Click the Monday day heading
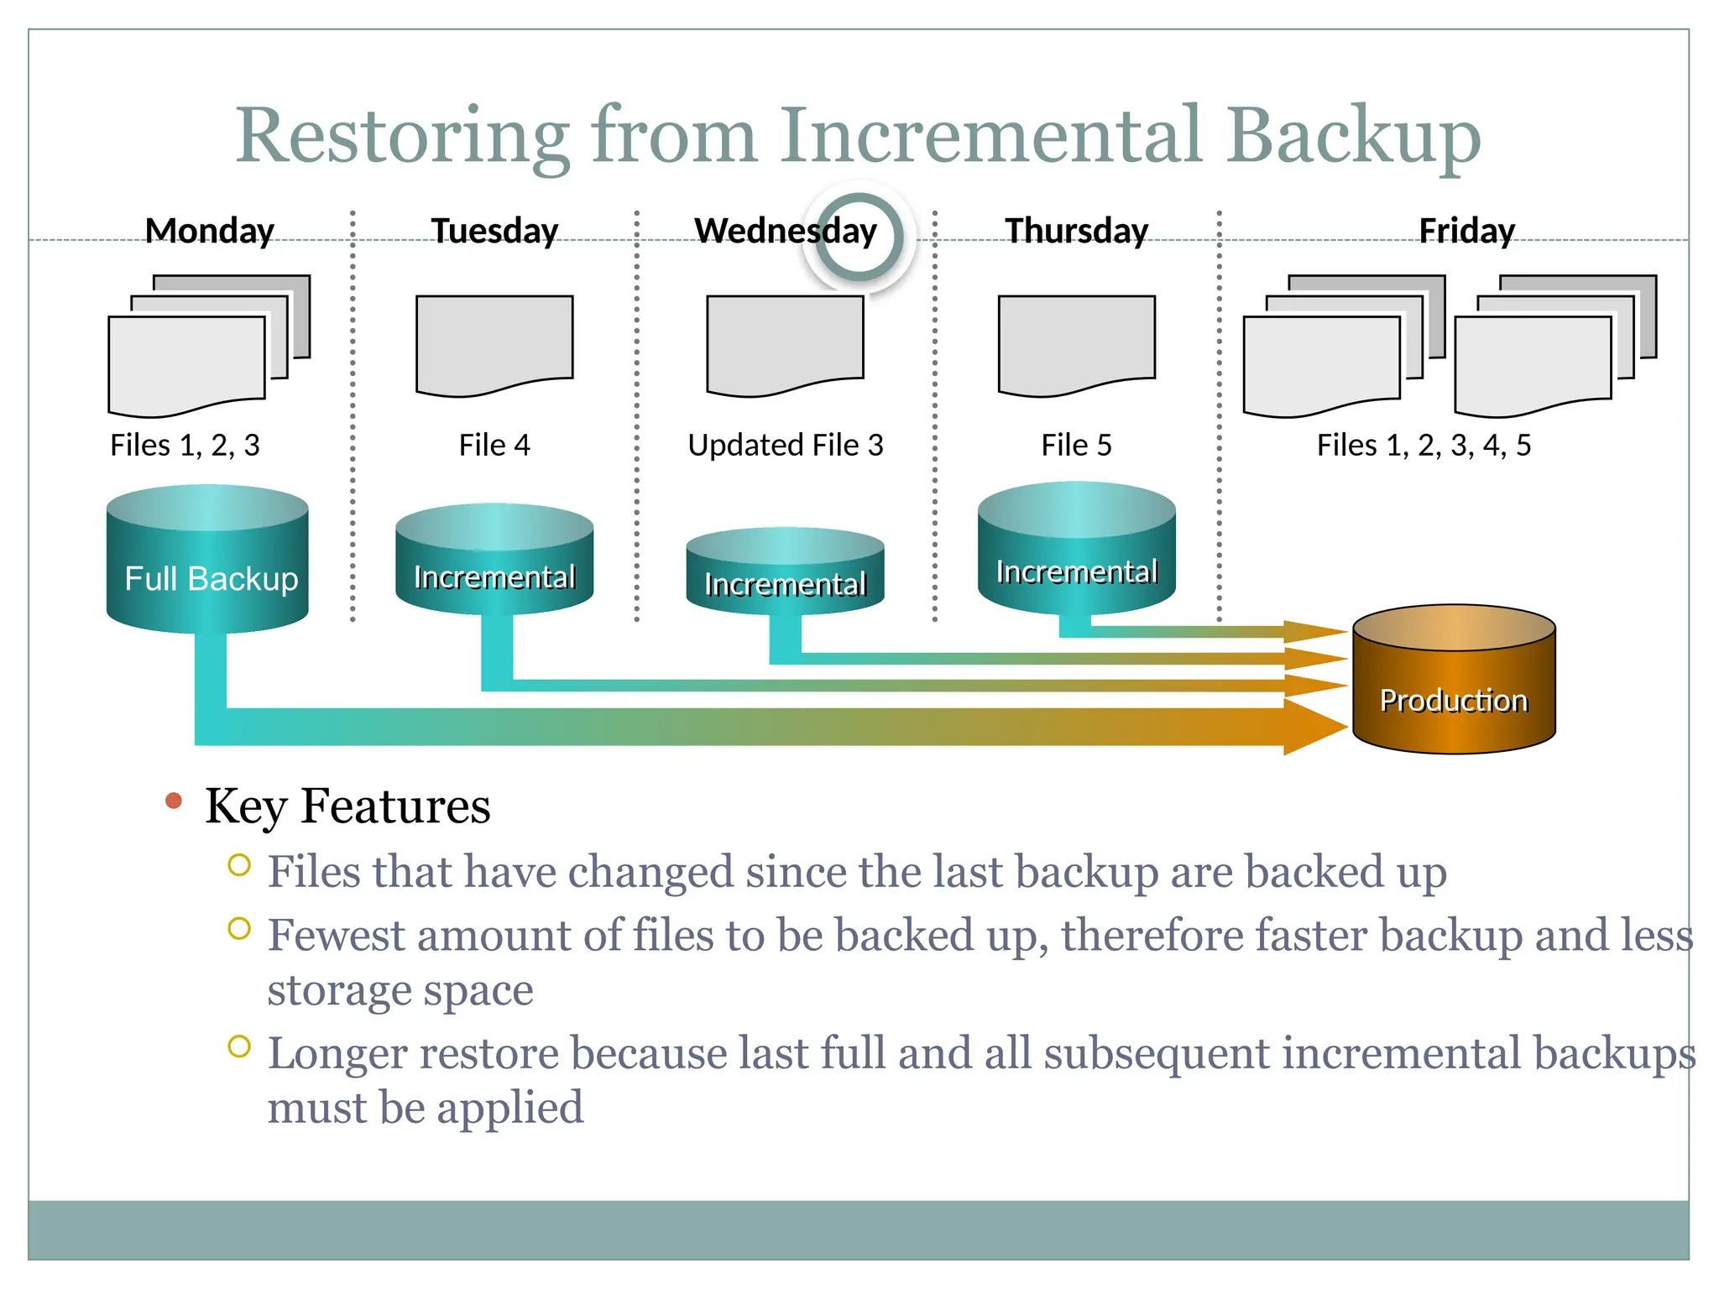point(209,231)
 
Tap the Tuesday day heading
point(494,231)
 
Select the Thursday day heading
point(1076,231)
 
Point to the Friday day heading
point(1466,231)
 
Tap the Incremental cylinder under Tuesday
point(494,566)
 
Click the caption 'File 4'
point(494,445)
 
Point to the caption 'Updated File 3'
point(785,445)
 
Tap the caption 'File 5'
point(1076,445)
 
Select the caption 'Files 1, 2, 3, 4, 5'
point(1424,445)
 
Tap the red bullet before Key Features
point(174,801)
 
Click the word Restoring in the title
point(403,136)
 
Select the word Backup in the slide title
point(1353,136)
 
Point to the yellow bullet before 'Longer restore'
point(239,1046)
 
